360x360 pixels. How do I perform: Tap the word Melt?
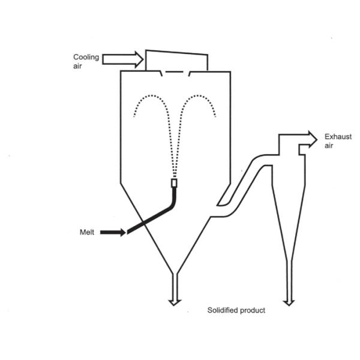coord(86,232)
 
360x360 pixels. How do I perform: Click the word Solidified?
coord(223,310)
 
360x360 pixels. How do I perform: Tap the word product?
coord(252,310)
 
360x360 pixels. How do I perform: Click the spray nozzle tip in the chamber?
coord(175,183)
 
